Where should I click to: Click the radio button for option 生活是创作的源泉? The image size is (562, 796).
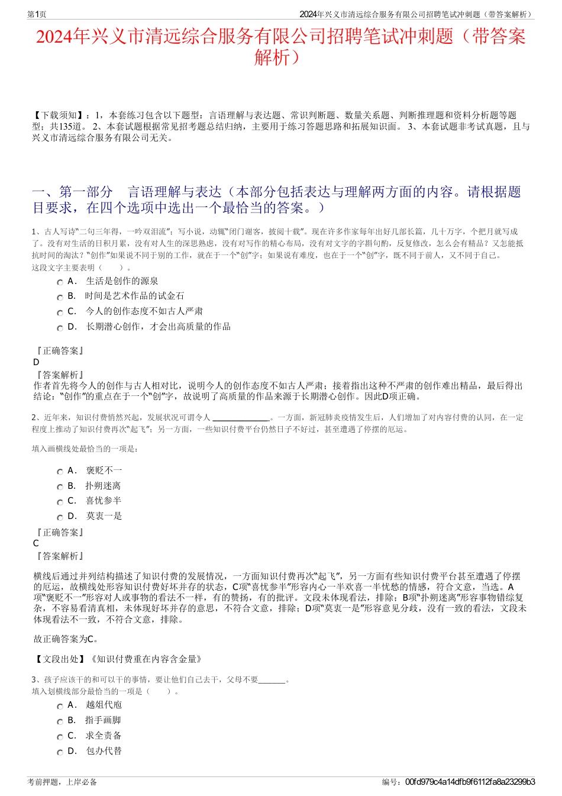point(60,282)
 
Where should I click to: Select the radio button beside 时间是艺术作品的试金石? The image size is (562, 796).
point(60,297)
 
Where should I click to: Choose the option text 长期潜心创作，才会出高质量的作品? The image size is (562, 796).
point(158,327)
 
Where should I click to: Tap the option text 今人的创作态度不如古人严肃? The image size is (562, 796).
point(144,311)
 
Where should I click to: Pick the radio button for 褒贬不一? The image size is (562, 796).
point(60,472)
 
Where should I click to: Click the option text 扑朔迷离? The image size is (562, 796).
point(103,486)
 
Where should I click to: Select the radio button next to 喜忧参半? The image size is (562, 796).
point(60,502)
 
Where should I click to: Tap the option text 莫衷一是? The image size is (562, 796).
point(104,516)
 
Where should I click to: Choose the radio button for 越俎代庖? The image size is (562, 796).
point(60,706)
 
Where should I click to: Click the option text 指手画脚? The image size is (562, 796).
point(103,720)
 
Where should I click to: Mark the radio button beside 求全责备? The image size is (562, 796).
point(60,737)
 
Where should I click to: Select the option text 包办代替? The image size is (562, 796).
point(104,751)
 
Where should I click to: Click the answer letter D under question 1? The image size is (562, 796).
point(37,362)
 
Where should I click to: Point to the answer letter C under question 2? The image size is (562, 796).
point(36,543)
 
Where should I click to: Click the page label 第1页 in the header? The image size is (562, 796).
point(37,14)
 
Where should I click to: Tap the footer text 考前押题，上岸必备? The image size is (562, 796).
point(62,782)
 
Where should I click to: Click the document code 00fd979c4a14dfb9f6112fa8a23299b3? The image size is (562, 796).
point(470,782)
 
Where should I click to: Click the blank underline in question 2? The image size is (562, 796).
point(241,418)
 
